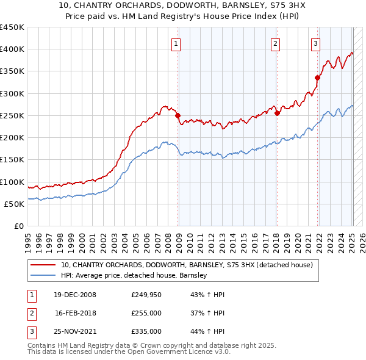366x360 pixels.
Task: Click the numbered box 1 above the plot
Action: coord(176,43)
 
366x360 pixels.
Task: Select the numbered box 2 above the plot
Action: coord(275,43)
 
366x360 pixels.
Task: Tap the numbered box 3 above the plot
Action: coord(315,43)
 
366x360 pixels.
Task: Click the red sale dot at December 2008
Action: coord(178,115)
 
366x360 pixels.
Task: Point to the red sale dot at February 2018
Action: coord(277,113)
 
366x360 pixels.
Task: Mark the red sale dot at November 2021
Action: coord(317,77)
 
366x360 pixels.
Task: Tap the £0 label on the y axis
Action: coord(18,226)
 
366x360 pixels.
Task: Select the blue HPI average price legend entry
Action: coord(134,275)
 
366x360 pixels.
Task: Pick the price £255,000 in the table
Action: coord(146,313)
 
